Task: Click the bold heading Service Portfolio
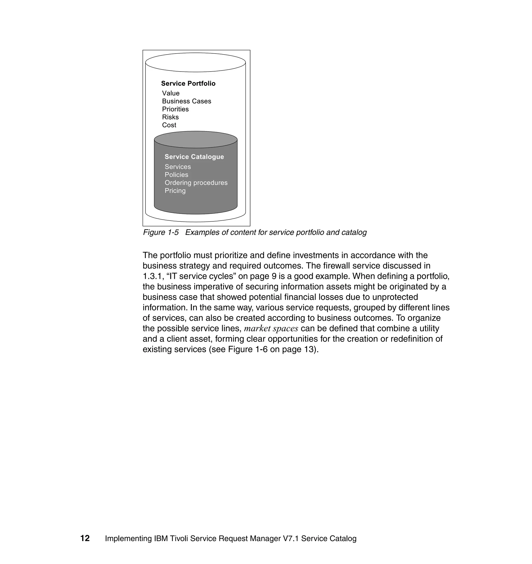click(x=188, y=84)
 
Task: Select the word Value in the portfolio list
click(x=171, y=93)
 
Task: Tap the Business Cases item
click(x=186, y=101)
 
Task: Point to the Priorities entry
click(x=175, y=109)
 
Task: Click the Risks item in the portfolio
click(x=170, y=117)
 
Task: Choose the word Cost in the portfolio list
click(x=169, y=125)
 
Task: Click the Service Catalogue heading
click(x=194, y=157)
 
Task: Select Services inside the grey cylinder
click(x=177, y=167)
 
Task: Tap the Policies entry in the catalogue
click(x=176, y=175)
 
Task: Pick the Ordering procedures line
click(x=196, y=183)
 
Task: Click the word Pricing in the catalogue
click(x=175, y=190)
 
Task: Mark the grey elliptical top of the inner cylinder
click(x=196, y=139)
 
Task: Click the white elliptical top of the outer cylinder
click(x=195, y=62)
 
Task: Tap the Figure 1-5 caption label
click(x=161, y=232)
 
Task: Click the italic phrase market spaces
click(x=271, y=329)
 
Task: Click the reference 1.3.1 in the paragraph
click(x=151, y=276)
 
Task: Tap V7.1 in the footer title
click(x=291, y=539)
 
